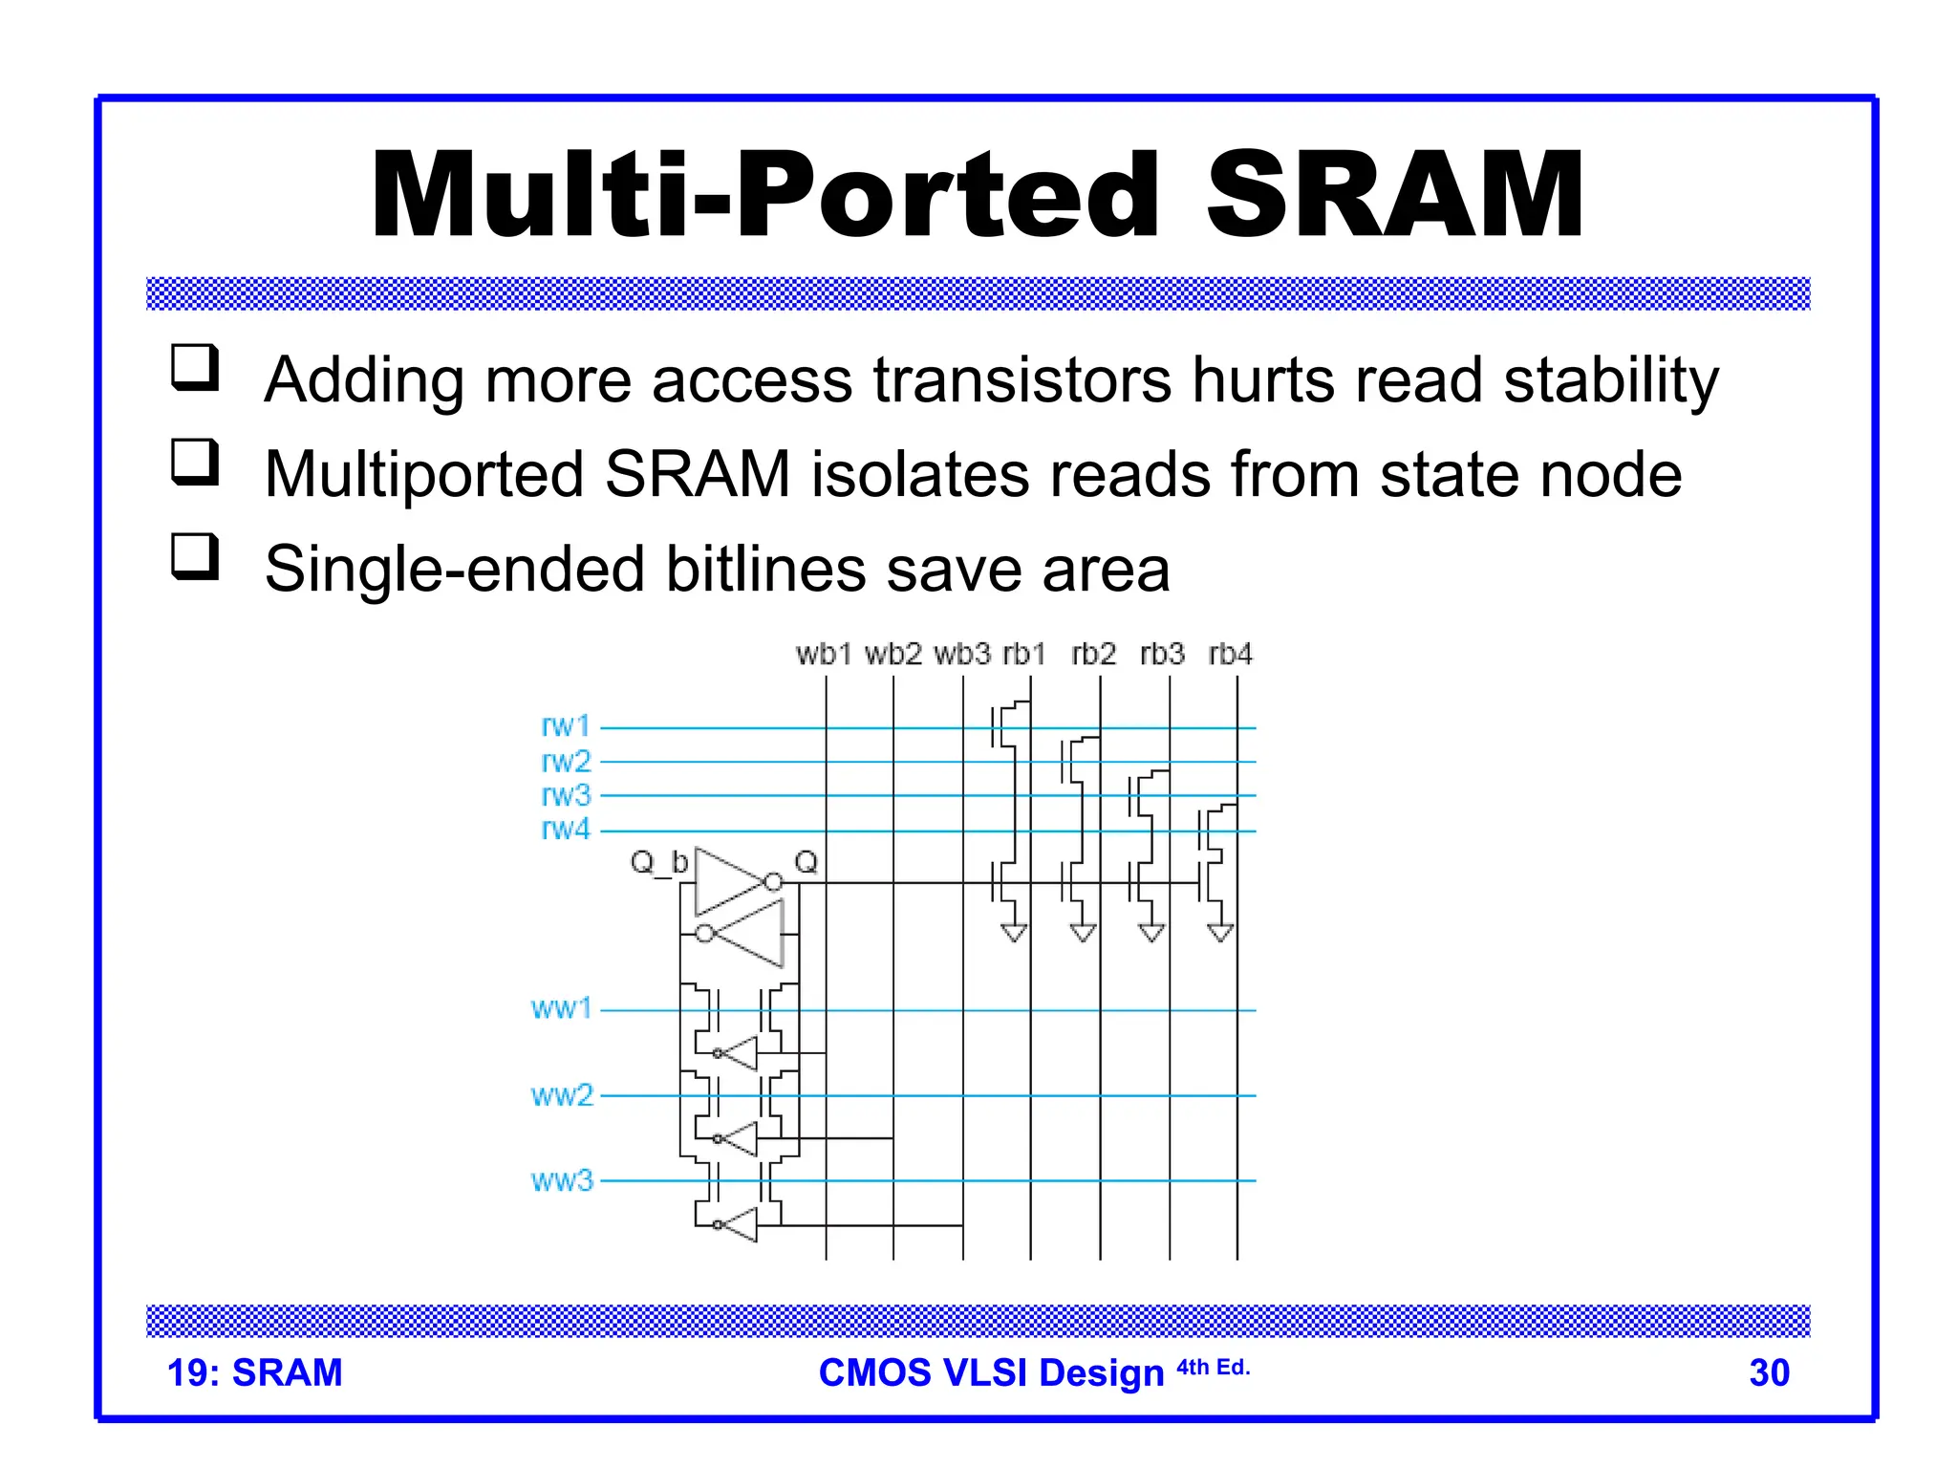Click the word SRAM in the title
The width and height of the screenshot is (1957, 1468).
tap(1395, 196)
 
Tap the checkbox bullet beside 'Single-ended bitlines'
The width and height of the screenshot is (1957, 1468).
tap(195, 556)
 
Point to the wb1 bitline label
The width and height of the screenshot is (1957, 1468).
tap(823, 655)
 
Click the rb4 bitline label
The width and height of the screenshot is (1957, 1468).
tap(1230, 655)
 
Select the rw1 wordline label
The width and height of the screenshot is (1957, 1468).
tap(566, 726)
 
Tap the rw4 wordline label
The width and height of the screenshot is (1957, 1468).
tap(566, 829)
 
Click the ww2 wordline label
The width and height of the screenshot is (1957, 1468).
tap(562, 1095)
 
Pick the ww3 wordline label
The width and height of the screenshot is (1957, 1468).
tap(562, 1181)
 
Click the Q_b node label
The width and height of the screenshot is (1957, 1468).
tap(658, 863)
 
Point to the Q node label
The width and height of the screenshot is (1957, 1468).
tap(806, 862)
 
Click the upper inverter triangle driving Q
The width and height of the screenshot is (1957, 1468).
tap(728, 881)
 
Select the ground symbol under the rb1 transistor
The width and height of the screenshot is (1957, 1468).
tap(1014, 933)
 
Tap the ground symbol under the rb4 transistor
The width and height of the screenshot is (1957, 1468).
tap(1220, 933)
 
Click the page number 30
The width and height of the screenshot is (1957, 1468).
tap(1769, 1373)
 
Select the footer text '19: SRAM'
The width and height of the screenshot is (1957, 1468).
tap(254, 1373)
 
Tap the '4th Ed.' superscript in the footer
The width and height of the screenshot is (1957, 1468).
tap(1213, 1368)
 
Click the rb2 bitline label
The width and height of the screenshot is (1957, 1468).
tap(1093, 655)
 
